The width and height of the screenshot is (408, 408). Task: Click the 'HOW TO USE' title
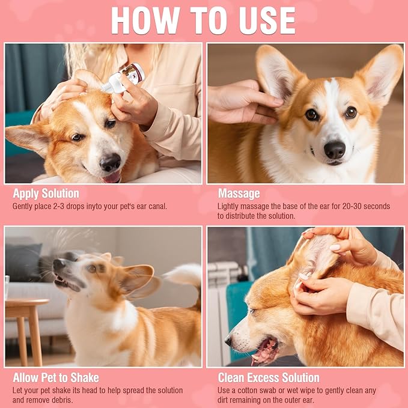(203, 20)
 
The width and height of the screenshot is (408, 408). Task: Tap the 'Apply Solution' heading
(46, 193)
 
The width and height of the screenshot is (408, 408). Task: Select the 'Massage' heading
(239, 193)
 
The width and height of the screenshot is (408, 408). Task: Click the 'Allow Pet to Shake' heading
(56, 378)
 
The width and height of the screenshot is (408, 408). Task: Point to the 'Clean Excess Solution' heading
(269, 378)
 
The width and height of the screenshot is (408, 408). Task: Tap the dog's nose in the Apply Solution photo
(111, 162)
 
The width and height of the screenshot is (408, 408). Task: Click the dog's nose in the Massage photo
(335, 150)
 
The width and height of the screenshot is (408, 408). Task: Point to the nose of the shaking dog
(58, 264)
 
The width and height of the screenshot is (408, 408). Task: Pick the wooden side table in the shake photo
(25, 330)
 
